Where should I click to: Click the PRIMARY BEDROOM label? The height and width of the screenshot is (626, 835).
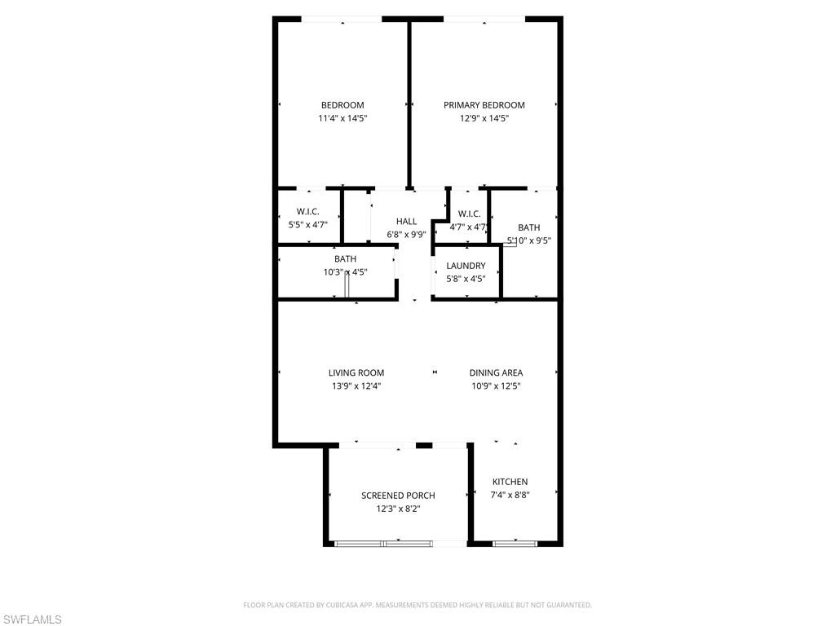pos(484,105)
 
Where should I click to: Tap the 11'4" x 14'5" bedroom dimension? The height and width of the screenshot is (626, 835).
pos(342,118)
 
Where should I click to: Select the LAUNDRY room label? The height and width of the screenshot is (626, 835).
pos(466,266)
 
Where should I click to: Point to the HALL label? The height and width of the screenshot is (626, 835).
pos(406,221)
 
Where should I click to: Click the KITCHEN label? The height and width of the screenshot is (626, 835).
pos(510,482)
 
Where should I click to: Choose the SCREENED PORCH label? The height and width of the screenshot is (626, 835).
pos(398,496)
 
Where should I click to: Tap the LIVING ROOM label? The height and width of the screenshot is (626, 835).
pos(356,373)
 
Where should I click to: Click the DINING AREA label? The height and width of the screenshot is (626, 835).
pos(496,373)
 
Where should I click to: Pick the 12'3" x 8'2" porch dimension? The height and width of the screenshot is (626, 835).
pos(398,509)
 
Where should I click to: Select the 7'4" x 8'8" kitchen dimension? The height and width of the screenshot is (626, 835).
pos(510,495)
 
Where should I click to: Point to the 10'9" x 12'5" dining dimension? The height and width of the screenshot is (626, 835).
pos(496,386)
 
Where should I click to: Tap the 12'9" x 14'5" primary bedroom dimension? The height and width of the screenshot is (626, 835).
pos(484,118)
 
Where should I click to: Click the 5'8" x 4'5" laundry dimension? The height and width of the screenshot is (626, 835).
pos(466,279)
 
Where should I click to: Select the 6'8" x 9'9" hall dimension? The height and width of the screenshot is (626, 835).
pos(406,234)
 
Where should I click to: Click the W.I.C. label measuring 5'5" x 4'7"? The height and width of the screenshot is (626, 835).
pos(307,212)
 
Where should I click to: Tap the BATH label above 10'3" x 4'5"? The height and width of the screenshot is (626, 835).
pos(345,259)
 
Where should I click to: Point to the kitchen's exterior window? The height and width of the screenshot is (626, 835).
pos(515,543)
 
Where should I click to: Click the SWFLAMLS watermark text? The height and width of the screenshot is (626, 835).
pos(32,620)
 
